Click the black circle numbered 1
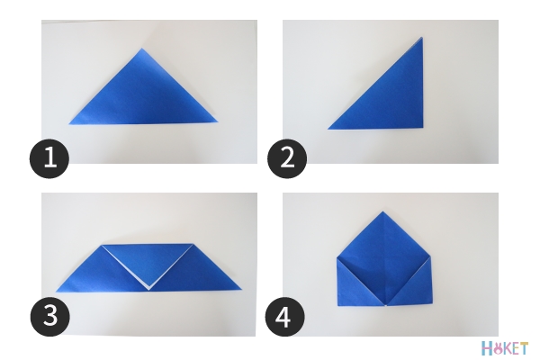pos(49,158)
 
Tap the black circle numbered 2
pos(287,158)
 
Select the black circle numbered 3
pos(50,317)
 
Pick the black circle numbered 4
pos(284,317)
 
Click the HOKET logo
pos(505,348)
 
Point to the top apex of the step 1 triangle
pos(141,49)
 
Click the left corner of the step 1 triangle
pos(69,124)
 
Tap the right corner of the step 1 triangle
pos(218,121)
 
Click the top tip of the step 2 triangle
pos(422,37)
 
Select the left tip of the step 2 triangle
pos(328,130)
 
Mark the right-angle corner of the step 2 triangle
pos(423,128)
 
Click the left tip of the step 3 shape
pos(56,292)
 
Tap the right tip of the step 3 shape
pos(242,290)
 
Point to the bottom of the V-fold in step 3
pos(148,290)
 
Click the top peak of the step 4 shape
pos(383,211)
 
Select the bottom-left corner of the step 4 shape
pos(337,306)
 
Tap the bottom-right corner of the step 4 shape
pos(432,304)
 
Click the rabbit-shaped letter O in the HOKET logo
pos(497,349)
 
